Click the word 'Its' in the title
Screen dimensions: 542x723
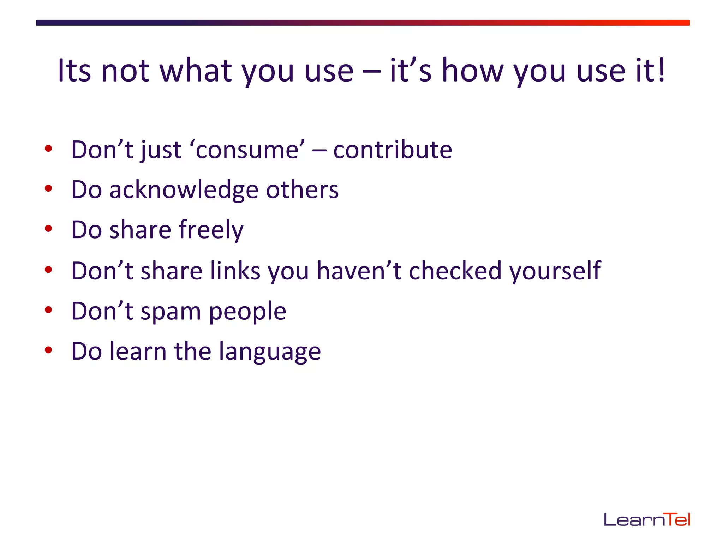tap(74, 71)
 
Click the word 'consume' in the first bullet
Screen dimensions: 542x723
tap(247, 150)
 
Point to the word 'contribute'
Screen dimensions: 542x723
tap(393, 150)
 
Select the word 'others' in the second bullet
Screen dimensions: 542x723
tap(302, 190)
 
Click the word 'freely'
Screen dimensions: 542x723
tap(211, 230)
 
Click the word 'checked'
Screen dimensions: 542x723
tap(455, 271)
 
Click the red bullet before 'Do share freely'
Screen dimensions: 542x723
tap(48, 229)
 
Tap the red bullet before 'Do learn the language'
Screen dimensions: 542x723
tap(48, 350)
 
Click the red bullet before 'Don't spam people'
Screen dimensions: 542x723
tap(48, 310)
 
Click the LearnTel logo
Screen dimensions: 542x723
tap(647, 520)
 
